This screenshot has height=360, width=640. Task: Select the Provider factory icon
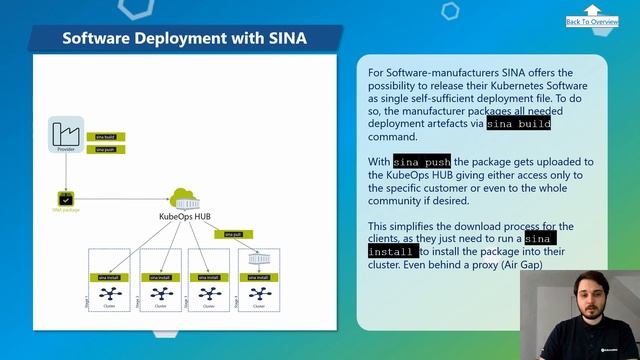coord(66,132)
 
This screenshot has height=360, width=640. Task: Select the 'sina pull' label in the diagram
coord(231,234)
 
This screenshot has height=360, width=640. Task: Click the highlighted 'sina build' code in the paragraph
coord(518,124)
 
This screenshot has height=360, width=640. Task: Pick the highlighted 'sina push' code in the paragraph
coord(421,162)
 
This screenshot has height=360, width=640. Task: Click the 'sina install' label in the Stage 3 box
coord(207,277)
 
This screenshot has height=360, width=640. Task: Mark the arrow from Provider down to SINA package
coord(66,170)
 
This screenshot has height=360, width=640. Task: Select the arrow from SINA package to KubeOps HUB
coord(120,198)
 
